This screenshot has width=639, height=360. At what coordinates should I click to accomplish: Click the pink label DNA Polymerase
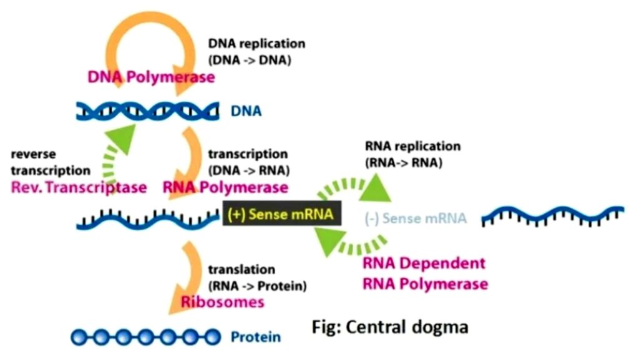click(150, 78)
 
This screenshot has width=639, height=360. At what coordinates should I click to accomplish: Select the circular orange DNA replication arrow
click(119, 47)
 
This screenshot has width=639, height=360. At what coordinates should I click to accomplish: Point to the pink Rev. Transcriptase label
click(79, 187)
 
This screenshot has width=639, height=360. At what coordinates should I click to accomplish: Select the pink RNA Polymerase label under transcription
click(225, 187)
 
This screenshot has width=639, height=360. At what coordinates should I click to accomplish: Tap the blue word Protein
click(256, 338)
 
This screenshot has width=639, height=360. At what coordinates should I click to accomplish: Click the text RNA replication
click(412, 147)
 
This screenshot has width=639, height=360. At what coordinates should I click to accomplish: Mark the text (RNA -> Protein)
click(257, 286)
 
